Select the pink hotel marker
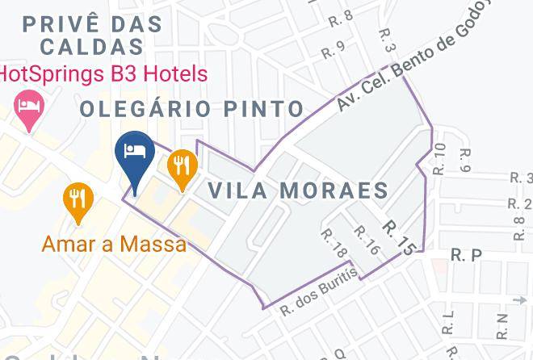pyautogui.click(x=30, y=109)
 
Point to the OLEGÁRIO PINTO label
pyautogui.click(x=191, y=108)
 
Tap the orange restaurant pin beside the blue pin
pyautogui.click(x=182, y=167)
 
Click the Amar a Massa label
pyautogui.click(x=114, y=243)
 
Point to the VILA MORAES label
pyautogui.click(x=298, y=190)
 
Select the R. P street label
pyautogui.click(x=466, y=255)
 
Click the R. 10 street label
pyautogui.click(x=439, y=159)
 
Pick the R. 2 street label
pyautogui.click(x=521, y=203)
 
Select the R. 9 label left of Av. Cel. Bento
pyautogui.click(x=334, y=48)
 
